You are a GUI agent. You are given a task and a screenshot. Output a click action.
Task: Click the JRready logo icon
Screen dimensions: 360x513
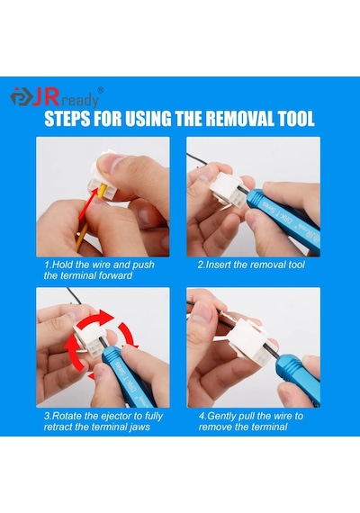(22, 97)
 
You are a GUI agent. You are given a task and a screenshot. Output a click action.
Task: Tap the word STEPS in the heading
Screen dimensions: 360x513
(67, 119)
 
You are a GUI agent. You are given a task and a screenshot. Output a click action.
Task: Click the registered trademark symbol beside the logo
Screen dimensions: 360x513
(101, 90)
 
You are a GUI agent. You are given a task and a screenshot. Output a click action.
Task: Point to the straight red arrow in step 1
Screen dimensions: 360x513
(88, 205)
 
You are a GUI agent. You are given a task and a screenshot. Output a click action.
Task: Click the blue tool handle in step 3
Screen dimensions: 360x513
(129, 376)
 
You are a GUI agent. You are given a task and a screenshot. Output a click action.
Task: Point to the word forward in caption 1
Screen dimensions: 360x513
(114, 275)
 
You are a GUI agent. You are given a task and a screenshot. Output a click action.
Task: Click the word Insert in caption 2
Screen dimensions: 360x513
(218, 265)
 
